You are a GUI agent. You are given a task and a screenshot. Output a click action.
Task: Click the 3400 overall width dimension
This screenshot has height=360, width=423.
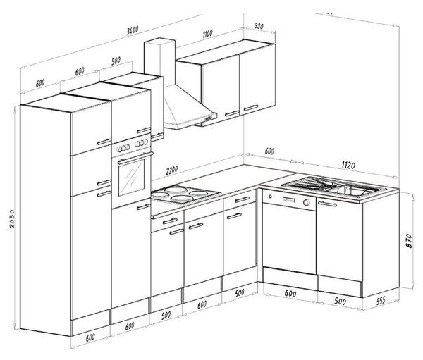(133, 30)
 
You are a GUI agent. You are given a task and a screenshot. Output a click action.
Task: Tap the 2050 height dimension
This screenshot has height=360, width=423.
(12, 218)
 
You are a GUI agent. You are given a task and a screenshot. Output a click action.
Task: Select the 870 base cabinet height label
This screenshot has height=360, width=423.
(409, 241)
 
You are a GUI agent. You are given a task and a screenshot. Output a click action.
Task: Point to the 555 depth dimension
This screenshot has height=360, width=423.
(381, 301)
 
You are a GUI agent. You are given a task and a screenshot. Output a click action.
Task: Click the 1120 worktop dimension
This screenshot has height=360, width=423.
(348, 165)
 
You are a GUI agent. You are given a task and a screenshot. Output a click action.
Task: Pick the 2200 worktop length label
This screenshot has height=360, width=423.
(172, 170)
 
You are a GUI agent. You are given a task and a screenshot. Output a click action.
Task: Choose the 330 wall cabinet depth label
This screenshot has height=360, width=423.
(259, 27)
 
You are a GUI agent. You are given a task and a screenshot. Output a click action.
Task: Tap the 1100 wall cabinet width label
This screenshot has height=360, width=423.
(207, 34)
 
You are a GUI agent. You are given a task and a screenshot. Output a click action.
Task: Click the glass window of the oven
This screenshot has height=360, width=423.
(131, 177)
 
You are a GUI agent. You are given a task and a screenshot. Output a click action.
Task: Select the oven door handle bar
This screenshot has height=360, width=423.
(135, 158)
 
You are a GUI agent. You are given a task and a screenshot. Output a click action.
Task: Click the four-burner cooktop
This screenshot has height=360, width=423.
(185, 194)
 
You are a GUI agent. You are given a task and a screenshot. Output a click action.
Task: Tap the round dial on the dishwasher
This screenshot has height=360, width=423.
(307, 202)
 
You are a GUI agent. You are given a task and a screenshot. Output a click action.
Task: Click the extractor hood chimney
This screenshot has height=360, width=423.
(159, 63)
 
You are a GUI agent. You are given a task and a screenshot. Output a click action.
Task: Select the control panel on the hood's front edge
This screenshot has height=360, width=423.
(210, 118)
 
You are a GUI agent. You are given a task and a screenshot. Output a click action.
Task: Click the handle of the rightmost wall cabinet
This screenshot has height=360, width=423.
(251, 108)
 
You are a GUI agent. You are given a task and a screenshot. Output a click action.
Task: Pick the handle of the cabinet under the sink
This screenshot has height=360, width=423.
(327, 204)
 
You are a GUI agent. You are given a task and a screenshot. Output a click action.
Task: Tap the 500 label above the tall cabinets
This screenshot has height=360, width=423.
(116, 61)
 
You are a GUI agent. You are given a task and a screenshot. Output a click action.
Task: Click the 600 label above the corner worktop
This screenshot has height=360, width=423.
(269, 151)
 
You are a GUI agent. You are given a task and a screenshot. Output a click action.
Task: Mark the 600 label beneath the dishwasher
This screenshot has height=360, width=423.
(290, 294)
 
